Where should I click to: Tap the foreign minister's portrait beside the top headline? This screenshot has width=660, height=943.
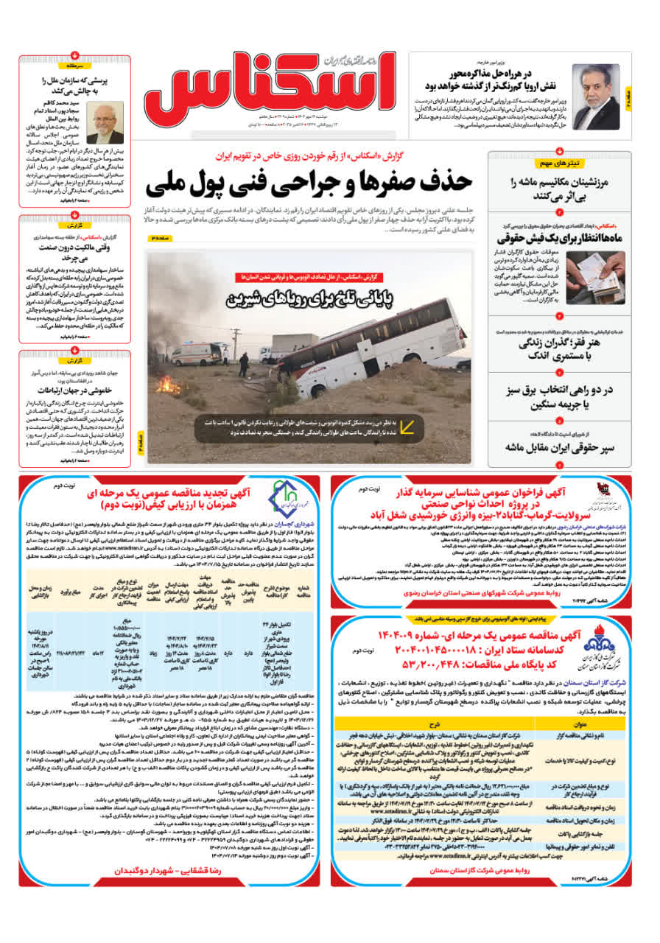pos(596,97)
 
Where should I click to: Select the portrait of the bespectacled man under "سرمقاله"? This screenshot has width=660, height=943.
pos(105,122)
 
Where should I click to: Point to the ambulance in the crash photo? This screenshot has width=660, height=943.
pos(200,354)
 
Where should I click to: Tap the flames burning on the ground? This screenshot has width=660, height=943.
pos(169,385)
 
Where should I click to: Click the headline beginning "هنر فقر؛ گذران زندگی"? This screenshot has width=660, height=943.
pos(570,346)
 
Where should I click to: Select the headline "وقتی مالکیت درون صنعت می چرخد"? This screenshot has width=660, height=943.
pos(75,254)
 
